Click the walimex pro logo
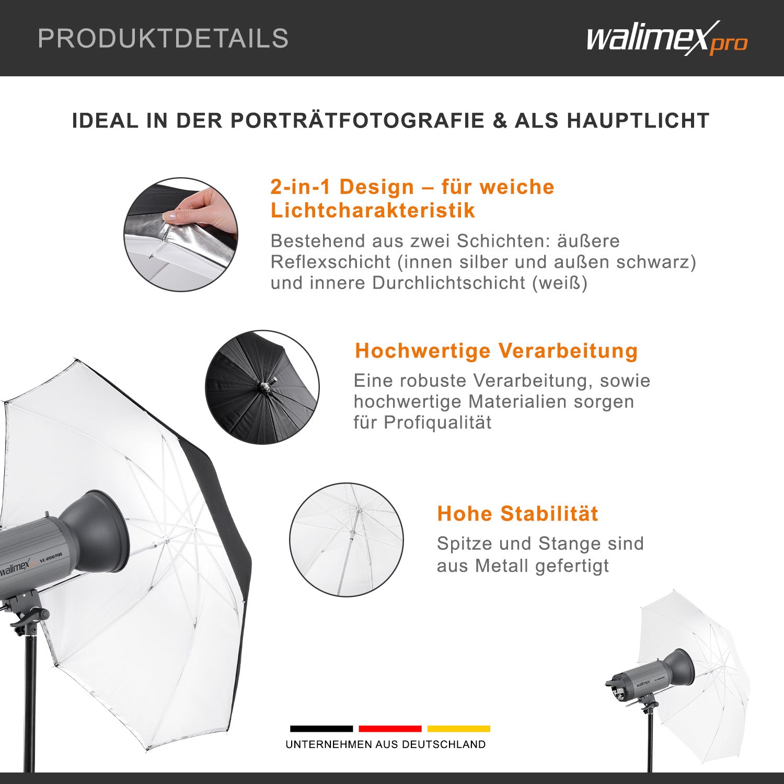pyautogui.click(x=666, y=39)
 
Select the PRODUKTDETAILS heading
pyautogui.click(x=163, y=39)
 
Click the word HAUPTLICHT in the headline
pyautogui.click(x=638, y=121)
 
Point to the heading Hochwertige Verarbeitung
pyautogui.click(x=496, y=351)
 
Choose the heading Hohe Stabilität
pyautogui.click(x=517, y=513)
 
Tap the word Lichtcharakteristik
pyautogui.click(x=373, y=210)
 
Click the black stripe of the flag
pyautogui.click(x=321, y=729)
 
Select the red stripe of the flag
pyautogui.click(x=390, y=729)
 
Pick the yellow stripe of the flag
pyautogui.click(x=458, y=729)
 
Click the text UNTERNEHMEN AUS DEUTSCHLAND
pyautogui.click(x=386, y=744)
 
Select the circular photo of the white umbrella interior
pyautogui.click(x=347, y=539)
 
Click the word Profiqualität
pyautogui.click(x=437, y=422)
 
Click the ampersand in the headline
pyautogui.click(x=500, y=121)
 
